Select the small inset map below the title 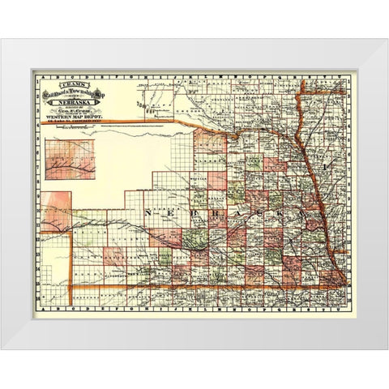coord(71,159)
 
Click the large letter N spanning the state coord(149,211)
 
